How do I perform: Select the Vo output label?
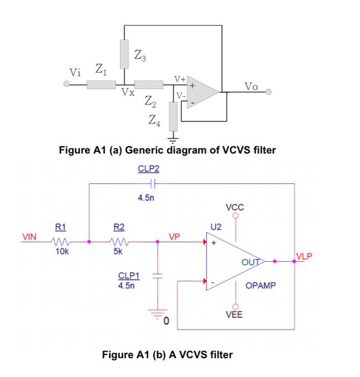pyautogui.click(x=251, y=86)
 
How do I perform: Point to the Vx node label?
pyautogui.click(x=128, y=92)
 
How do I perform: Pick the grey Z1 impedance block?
pyautogui.click(x=101, y=85)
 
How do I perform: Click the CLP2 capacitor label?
pyautogui.click(x=149, y=169)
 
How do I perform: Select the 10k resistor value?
pyautogui.click(x=61, y=251)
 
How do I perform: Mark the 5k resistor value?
pyautogui.click(x=118, y=251)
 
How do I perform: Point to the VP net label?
pyautogui.click(x=174, y=236)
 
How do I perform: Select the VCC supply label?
pyautogui.click(x=235, y=207)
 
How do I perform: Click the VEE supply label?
pyautogui.click(x=234, y=315)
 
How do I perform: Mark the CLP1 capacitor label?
pyautogui.click(x=129, y=276)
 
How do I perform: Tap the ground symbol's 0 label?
pyautogui.click(x=166, y=322)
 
